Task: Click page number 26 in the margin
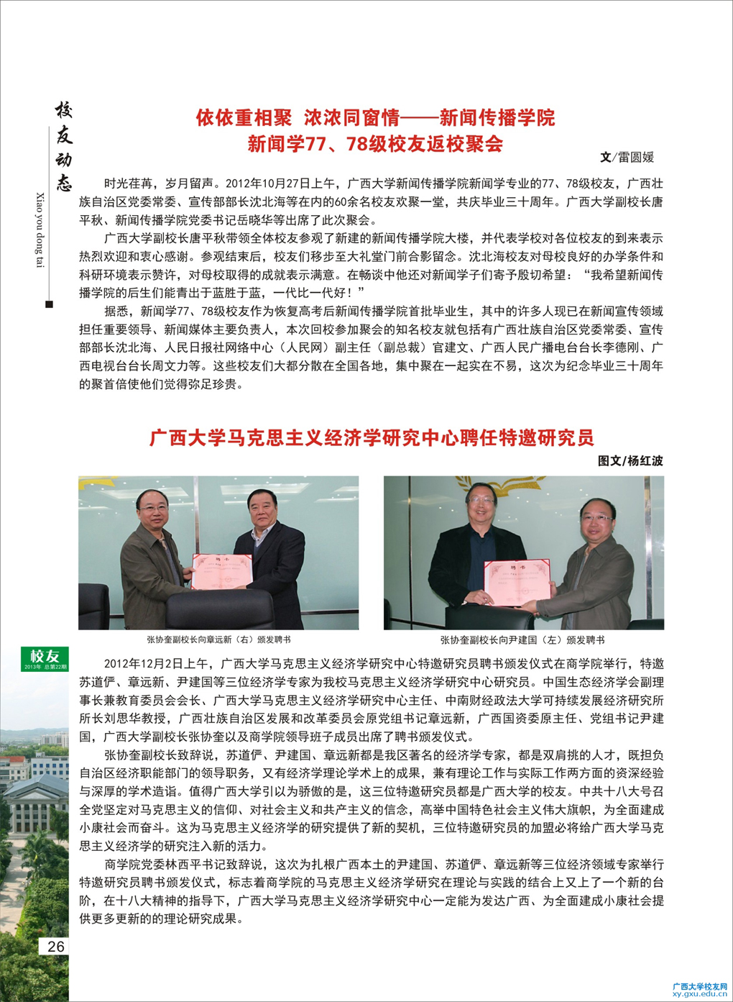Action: (x=55, y=947)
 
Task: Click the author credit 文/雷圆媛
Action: (x=627, y=158)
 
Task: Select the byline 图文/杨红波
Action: (x=630, y=461)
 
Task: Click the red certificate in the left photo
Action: (x=223, y=572)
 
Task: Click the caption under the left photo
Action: (x=218, y=639)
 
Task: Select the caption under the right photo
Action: (x=522, y=639)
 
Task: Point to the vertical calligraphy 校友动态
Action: (x=64, y=147)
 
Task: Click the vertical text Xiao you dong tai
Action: (x=40, y=230)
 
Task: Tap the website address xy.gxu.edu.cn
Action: (x=699, y=994)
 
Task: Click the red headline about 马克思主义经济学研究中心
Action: (x=372, y=437)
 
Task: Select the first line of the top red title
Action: (x=375, y=118)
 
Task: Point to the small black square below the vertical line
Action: (x=49, y=304)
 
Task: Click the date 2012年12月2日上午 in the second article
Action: (x=156, y=664)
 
